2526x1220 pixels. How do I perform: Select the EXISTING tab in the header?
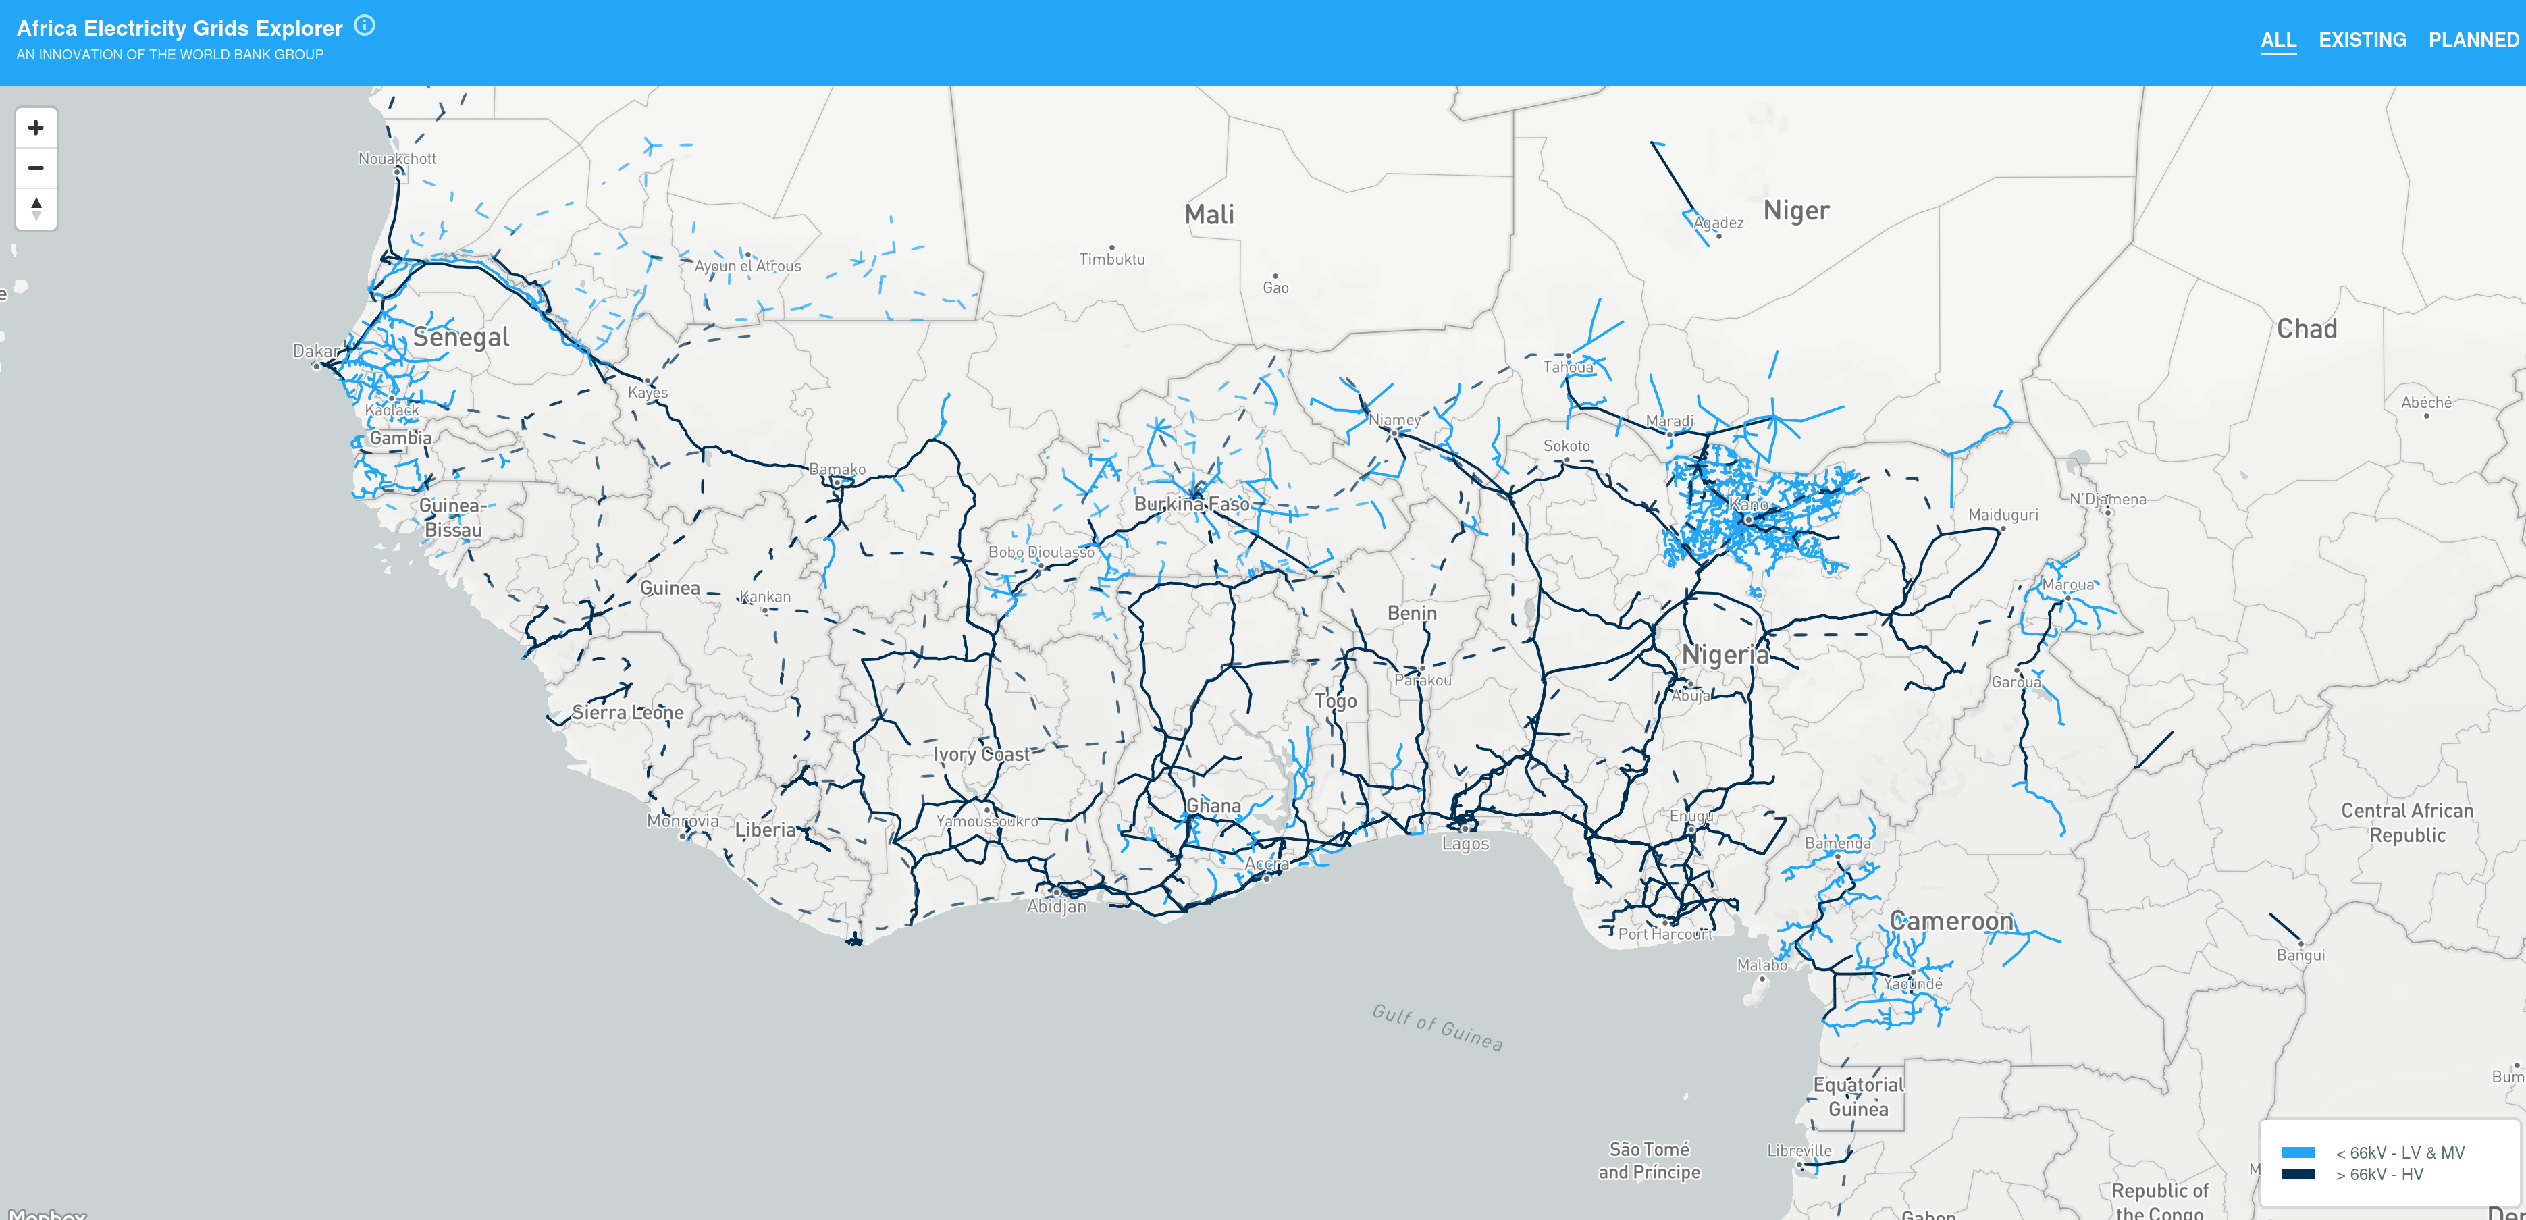pos(2361,41)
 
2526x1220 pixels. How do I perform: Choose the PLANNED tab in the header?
pos(2473,41)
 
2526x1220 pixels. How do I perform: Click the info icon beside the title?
pos(365,26)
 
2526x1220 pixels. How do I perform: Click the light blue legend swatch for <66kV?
pos(2298,1152)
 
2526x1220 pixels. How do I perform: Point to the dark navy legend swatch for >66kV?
pos(2298,1174)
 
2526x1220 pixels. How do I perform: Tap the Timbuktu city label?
pos(1112,259)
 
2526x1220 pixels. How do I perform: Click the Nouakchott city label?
pos(397,159)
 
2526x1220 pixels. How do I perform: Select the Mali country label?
pos(1209,215)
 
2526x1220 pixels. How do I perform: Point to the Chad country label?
pos(2307,329)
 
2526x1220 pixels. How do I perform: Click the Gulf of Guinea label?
pos(1437,1027)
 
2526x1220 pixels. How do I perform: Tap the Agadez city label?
pos(1719,223)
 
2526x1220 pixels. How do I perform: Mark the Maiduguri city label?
pos(2002,515)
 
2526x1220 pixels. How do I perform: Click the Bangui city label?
pos(2300,955)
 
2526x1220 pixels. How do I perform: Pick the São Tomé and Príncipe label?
pos(1650,1160)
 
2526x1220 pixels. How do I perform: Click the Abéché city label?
pos(2426,402)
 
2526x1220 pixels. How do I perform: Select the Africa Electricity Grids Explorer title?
pos(180,28)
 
